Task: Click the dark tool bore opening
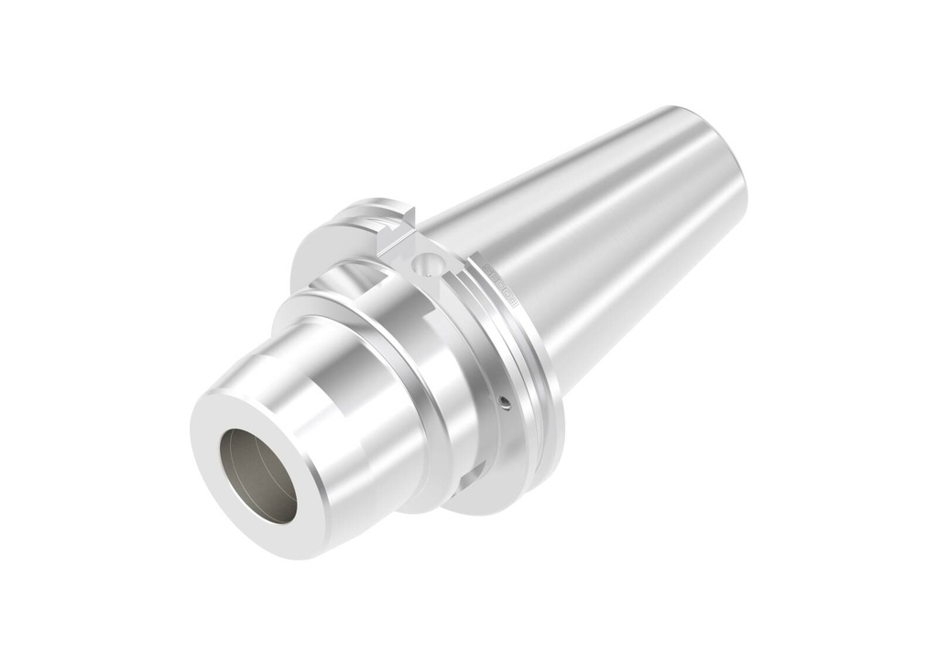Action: tap(258, 476)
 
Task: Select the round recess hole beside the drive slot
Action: tap(423, 265)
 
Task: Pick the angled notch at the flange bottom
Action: tap(469, 476)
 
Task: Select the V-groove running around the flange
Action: tap(522, 366)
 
